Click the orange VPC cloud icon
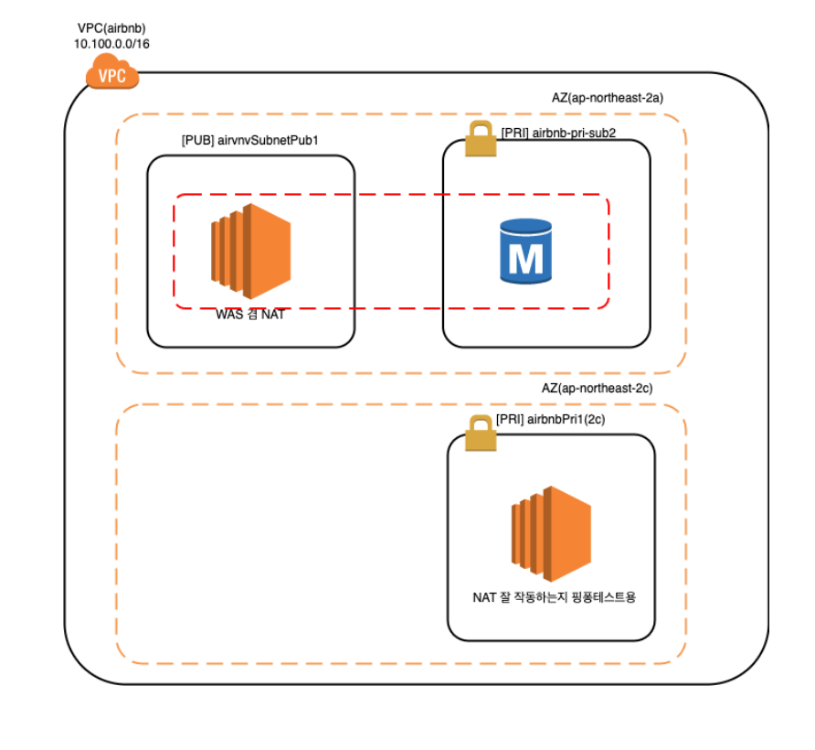(111, 72)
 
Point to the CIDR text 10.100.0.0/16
(111, 43)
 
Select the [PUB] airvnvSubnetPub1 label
(249, 141)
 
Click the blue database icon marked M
(526, 250)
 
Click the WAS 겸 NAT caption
(249, 316)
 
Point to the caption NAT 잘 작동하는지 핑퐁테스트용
(554, 598)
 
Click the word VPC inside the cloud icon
(112, 76)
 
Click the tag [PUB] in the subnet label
(197, 141)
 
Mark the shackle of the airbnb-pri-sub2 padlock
(480, 130)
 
